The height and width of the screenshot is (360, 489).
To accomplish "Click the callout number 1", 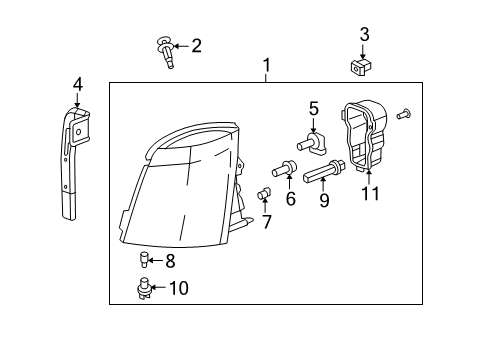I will pyautogui.click(x=266, y=67).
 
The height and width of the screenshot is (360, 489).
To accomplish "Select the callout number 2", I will pyautogui.click(x=196, y=45).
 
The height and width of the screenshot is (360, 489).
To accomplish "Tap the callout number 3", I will pyautogui.click(x=364, y=35).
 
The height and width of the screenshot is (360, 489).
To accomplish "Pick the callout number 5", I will pyautogui.click(x=313, y=107).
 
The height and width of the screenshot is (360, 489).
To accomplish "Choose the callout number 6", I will pyautogui.click(x=291, y=198).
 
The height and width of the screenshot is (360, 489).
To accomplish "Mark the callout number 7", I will pyautogui.click(x=266, y=220).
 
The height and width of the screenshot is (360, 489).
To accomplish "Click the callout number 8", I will pyautogui.click(x=170, y=262).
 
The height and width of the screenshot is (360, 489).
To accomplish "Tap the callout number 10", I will pyautogui.click(x=178, y=289).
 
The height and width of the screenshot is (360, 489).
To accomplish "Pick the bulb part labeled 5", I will pyautogui.click(x=308, y=146).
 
